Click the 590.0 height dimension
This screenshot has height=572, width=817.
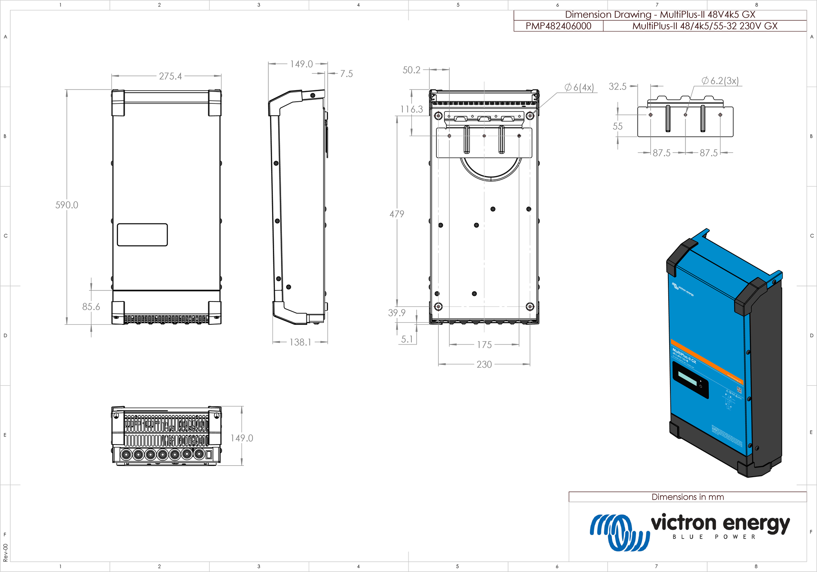coord(67,205)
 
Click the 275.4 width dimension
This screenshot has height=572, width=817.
coord(170,76)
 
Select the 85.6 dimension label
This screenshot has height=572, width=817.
coord(91,306)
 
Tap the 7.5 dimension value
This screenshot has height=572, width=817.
coord(346,74)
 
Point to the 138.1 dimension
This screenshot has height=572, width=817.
coord(300,342)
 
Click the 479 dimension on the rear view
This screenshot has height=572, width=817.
coord(397,214)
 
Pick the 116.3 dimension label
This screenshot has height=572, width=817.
coord(411,109)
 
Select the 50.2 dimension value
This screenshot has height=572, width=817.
coord(411,70)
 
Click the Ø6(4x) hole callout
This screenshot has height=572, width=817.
coord(579,87)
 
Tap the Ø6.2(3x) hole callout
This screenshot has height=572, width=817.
coord(720,80)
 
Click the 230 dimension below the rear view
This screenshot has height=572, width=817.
coord(484,364)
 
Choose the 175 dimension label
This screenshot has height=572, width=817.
coord(484,344)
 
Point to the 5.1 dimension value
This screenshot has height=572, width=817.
coord(407,339)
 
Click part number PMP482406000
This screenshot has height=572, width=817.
coord(558,26)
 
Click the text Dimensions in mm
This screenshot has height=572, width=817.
coord(688,497)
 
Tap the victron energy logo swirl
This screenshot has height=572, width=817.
coord(619,532)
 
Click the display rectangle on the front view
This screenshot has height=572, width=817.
coord(142,235)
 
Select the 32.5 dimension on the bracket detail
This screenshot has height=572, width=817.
coord(617,86)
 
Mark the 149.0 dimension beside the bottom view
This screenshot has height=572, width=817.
coord(241,438)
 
